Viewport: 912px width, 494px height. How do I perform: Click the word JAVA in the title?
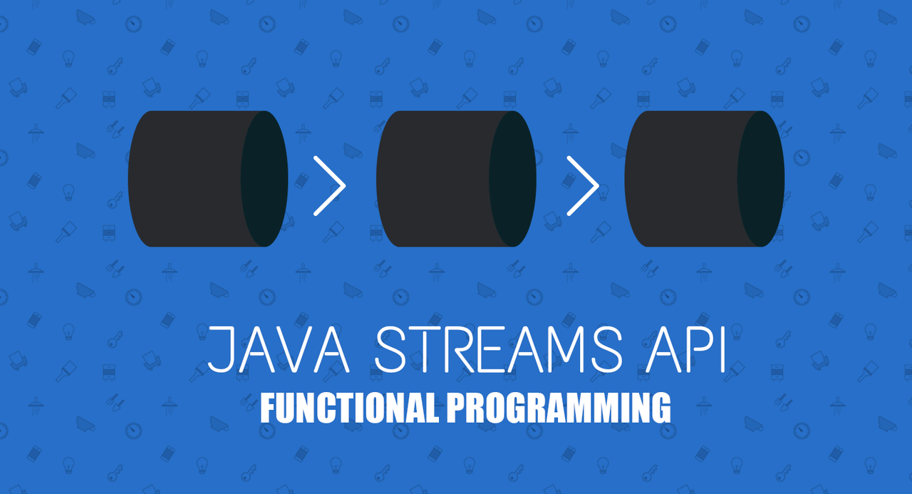[x=279, y=349]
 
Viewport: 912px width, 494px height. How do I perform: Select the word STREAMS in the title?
[x=499, y=349]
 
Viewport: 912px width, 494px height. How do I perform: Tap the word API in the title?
[x=686, y=349]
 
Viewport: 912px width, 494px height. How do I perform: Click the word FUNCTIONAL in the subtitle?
[x=350, y=408]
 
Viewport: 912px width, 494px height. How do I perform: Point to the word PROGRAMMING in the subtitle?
[x=559, y=408]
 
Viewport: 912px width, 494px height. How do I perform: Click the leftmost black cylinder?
[x=208, y=179]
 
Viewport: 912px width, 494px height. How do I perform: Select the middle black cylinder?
[x=456, y=179]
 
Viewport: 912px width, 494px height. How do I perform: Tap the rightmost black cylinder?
[x=705, y=179]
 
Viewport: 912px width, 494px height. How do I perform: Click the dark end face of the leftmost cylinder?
[x=264, y=179]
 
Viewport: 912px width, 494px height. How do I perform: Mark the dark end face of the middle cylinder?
[x=512, y=179]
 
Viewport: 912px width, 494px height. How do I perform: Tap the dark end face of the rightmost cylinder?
[x=761, y=179]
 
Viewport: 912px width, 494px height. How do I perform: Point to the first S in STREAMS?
[x=390, y=349]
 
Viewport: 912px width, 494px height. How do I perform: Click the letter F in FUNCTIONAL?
[x=269, y=408]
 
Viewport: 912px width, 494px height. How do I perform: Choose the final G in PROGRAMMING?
[x=660, y=408]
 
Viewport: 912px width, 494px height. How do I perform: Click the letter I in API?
[x=723, y=349]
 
